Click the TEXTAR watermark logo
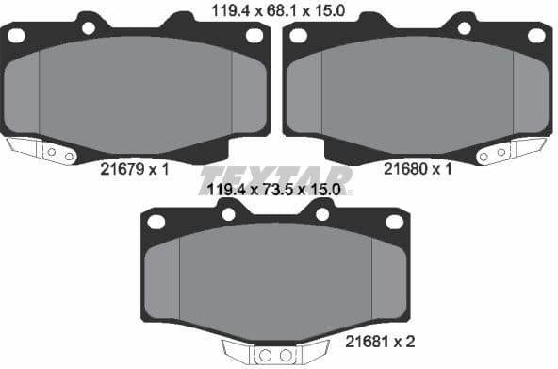tap(274, 178)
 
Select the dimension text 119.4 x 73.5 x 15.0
tap(277, 190)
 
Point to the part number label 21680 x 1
tap(418, 171)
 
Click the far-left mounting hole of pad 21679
tap(16, 35)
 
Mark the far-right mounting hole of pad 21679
tap(254, 35)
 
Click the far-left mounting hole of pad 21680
tap(298, 36)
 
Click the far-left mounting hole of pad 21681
tap(156, 222)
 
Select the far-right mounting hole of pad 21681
tap(393, 222)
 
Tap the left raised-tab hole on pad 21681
tap(227, 214)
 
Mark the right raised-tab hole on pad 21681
tap(322, 214)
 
